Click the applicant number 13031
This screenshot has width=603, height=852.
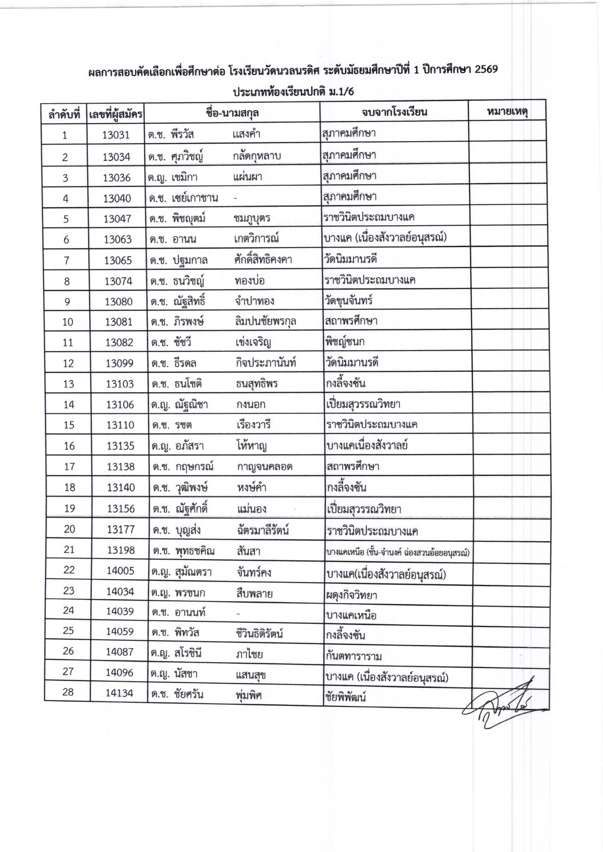[x=116, y=135]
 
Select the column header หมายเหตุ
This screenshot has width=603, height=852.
[x=507, y=112]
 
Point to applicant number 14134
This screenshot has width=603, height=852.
[x=120, y=693]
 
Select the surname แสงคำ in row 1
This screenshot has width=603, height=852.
[x=246, y=134]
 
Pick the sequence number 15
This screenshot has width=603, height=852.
[x=68, y=425]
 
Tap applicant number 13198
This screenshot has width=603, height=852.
[x=121, y=550]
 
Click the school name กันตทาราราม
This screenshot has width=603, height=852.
[x=354, y=656]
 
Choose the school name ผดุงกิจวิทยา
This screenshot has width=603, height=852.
[x=351, y=594]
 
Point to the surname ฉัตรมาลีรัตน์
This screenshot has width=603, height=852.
[x=263, y=530]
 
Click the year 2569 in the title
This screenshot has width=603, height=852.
[x=485, y=71]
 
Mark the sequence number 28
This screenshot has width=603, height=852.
[x=68, y=692]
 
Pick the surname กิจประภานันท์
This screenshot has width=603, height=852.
[x=266, y=362]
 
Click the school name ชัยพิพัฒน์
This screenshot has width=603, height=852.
[x=346, y=697]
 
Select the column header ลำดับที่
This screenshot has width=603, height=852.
[x=64, y=114]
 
